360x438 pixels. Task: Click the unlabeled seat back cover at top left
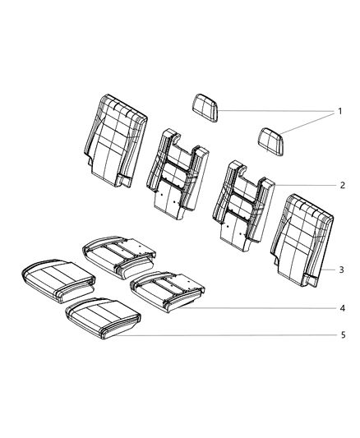click(x=115, y=140)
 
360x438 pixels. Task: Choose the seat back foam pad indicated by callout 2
click(x=242, y=210)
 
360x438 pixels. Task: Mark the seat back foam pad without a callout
click(x=174, y=177)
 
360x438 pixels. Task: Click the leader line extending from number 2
click(x=304, y=186)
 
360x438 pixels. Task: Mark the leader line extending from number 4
click(x=263, y=309)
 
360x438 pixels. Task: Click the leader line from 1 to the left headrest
click(x=275, y=111)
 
